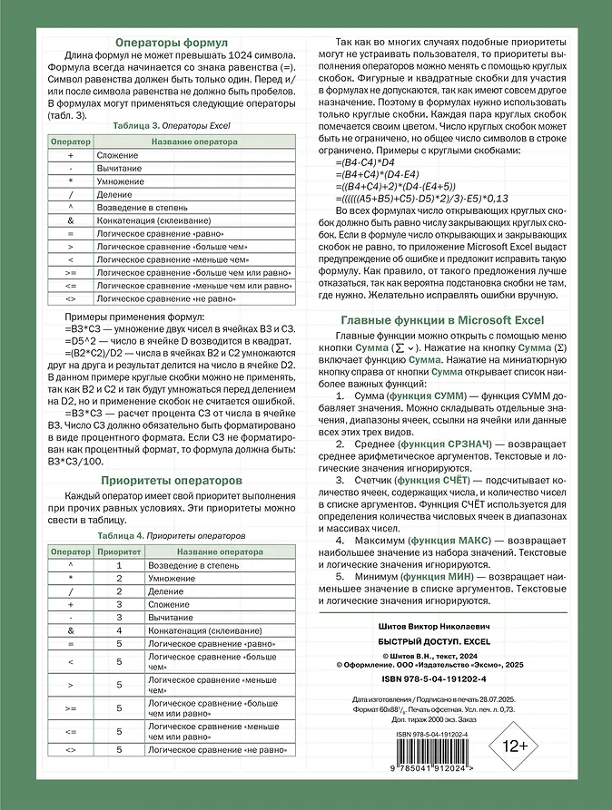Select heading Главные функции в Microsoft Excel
440,319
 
